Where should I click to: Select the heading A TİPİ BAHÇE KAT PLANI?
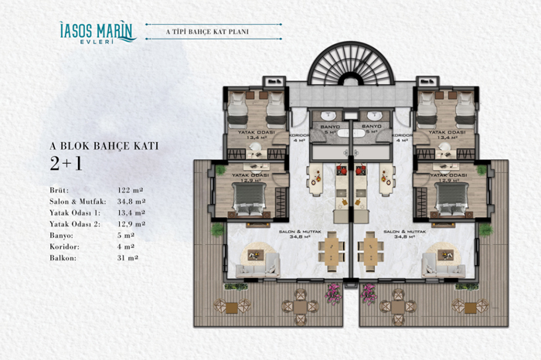(212, 32)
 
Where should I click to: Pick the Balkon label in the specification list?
(61, 257)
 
